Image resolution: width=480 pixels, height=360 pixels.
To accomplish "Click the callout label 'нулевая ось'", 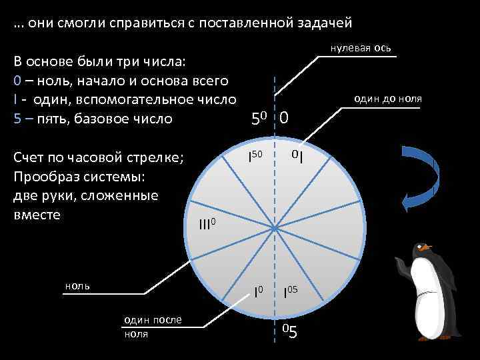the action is (x=361, y=50).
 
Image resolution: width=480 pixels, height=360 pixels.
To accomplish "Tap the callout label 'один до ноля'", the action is (x=388, y=98).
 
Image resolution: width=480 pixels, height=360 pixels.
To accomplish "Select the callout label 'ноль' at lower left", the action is (x=78, y=285).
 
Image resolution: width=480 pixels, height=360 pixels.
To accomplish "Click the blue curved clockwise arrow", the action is (x=420, y=175).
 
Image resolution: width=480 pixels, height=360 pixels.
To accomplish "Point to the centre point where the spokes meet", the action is (x=275, y=229).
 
